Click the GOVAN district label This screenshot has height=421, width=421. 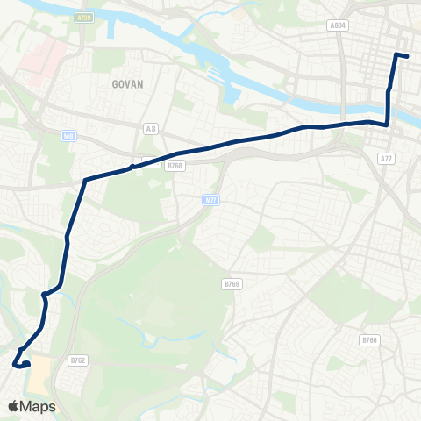(127, 84)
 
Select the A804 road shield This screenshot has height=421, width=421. (338, 26)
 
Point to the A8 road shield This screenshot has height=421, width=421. (150, 127)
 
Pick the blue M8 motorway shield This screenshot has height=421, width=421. (68, 135)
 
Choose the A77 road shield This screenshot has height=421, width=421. (386, 158)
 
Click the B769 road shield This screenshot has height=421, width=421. (232, 284)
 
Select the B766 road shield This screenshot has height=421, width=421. (369, 340)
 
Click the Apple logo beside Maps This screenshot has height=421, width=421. (13, 406)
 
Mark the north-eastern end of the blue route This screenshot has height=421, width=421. (407, 57)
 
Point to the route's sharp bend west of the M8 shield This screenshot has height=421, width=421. (85, 181)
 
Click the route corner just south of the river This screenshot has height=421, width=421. (388, 124)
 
